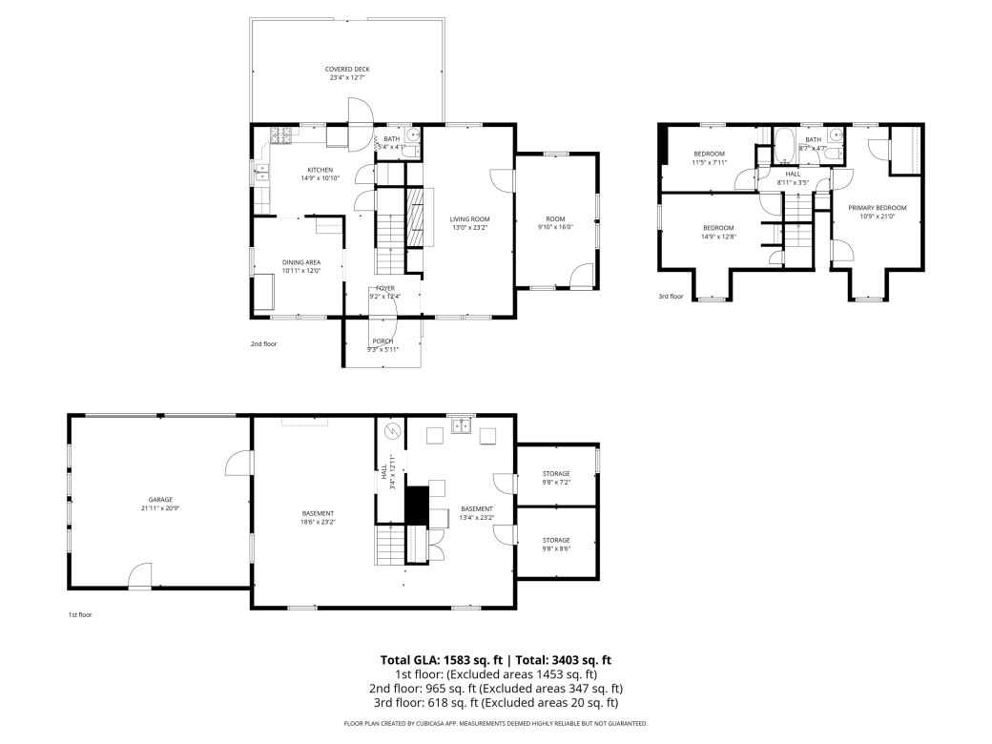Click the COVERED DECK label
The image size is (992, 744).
point(346,70)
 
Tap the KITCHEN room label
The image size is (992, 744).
point(293,170)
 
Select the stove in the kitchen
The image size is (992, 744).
point(281,135)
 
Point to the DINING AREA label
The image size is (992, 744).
point(300,262)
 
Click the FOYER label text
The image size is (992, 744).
point(384,288)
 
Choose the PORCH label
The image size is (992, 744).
point(382,341)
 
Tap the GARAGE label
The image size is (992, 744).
point(159,499)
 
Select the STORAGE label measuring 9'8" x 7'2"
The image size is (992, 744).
point(556,474)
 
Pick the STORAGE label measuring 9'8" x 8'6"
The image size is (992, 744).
point(556,540)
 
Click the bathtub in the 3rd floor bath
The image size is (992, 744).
point(784,147)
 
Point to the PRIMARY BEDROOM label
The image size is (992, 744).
point(877,207)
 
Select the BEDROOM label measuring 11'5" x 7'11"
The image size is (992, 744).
point(709,154)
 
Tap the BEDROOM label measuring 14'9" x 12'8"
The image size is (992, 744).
point(718,227)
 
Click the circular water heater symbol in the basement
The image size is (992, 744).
point(390,433)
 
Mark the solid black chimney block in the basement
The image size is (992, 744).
point(416,504)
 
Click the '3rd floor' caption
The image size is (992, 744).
point(672,297)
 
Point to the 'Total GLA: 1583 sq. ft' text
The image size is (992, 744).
point(442,659)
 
